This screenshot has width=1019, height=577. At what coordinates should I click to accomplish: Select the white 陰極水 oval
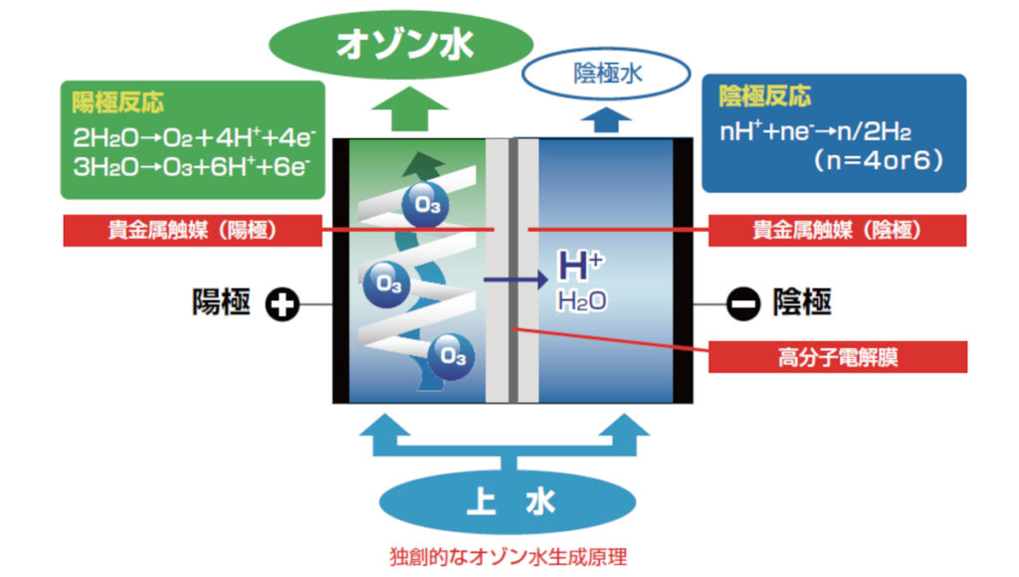tap(606, 72)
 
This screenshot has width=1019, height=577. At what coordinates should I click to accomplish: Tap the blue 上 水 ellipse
tap(509, 504)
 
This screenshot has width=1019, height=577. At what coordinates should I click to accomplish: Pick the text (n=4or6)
tap(876, 159)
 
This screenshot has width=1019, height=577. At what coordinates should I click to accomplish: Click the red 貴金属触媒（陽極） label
tap(192, 230)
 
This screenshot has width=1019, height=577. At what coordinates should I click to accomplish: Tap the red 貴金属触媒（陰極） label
tap(836, 230)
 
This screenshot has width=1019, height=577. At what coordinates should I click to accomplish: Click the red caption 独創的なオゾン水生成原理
tap(508, 556)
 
